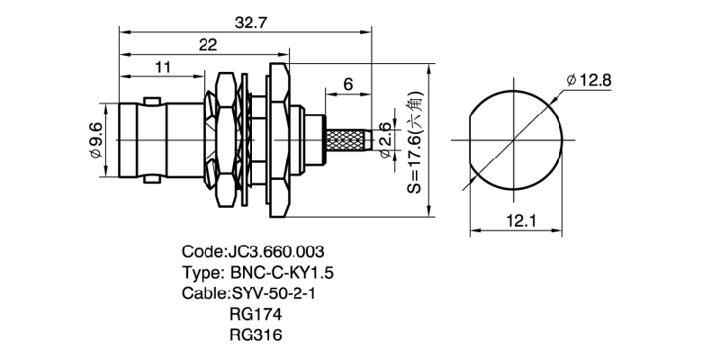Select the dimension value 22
tap(207, 46)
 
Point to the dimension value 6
tap(348, 85)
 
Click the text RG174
tap(256, 314)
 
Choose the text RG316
tap(256, 335)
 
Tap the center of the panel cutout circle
tap(517, 141)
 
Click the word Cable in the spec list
tap(201, 293)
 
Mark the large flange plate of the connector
tap(277, 142)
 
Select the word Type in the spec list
tap(199, 273)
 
